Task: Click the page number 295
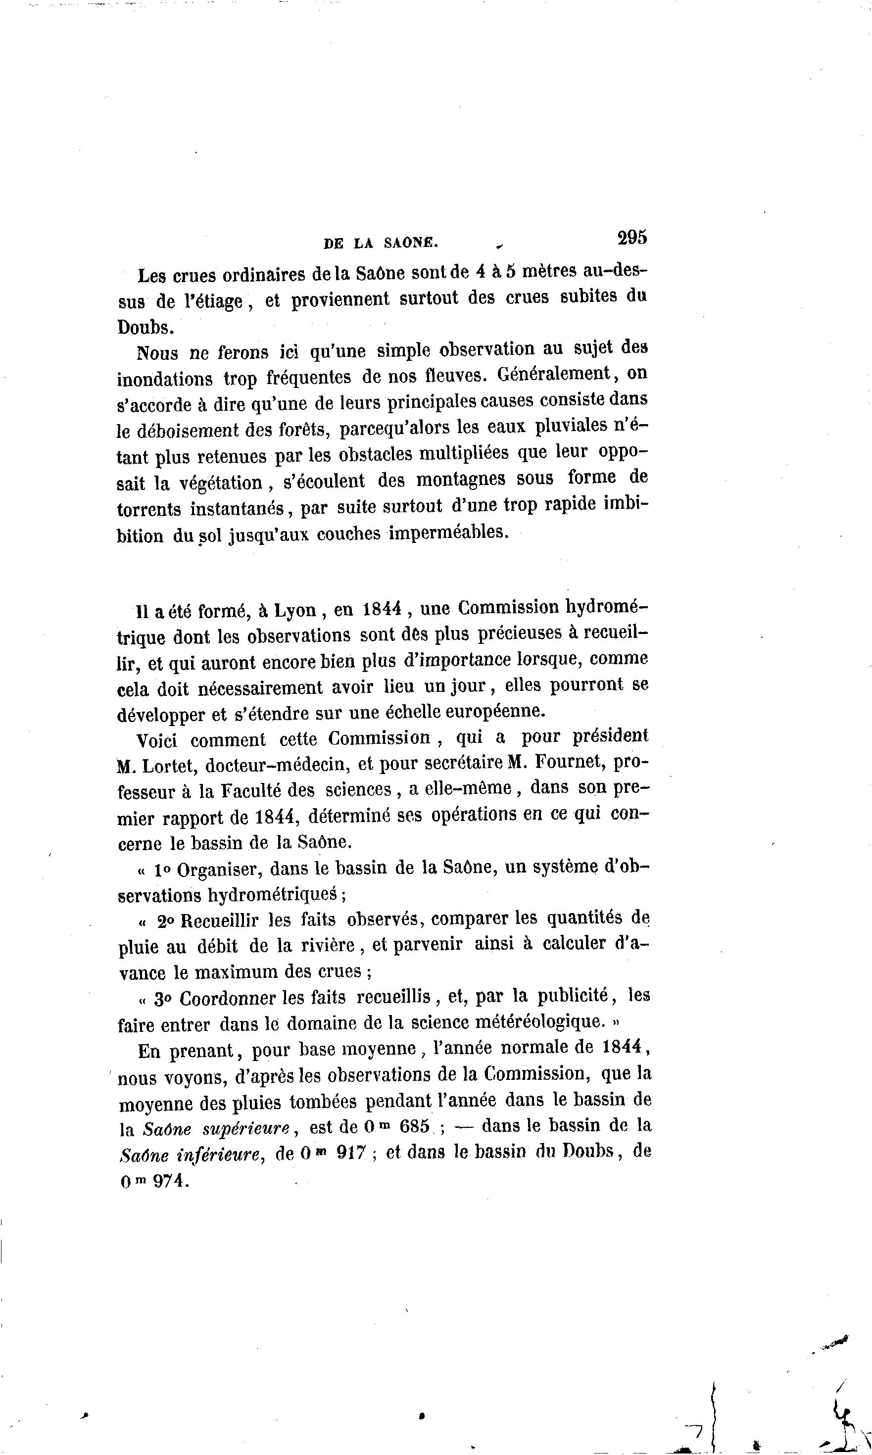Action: click(631, 238)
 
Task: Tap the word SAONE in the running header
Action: click(411, 242)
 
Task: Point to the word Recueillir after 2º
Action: click(220, 920)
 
